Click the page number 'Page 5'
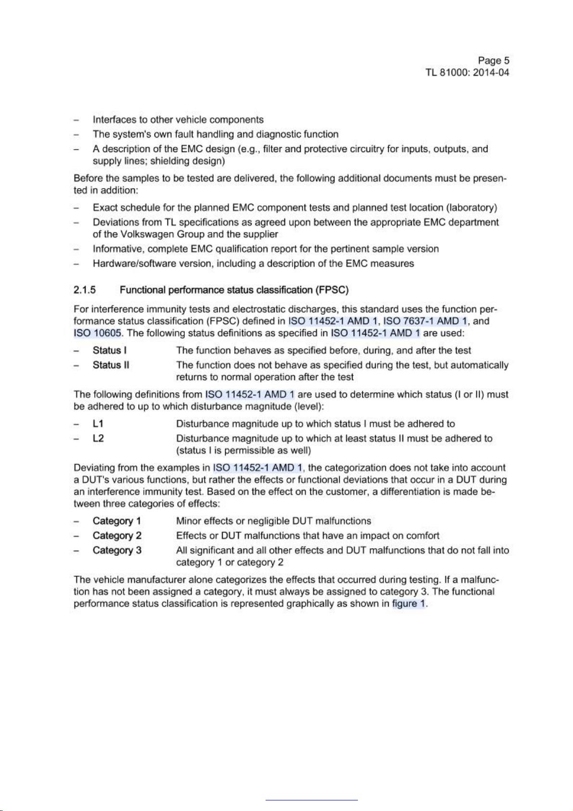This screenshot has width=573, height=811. point(493,61)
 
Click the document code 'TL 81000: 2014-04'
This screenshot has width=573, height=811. point(467,73)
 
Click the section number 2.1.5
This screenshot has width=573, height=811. point(85,290)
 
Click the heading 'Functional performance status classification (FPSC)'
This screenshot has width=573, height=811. point(234,290)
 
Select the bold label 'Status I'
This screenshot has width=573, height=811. point(109,350)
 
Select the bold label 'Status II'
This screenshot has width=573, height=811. point(111,365)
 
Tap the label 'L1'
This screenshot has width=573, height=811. point(98,424)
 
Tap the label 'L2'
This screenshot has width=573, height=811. point(98,438)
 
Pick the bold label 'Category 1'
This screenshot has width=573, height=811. point(117,521)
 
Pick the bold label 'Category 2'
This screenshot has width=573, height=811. point(117,536)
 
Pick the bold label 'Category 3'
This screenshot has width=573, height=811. point(117,550)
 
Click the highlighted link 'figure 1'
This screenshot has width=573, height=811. point(409,604)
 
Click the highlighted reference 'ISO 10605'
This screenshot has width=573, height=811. point(97,333)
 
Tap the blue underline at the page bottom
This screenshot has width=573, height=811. point(311,800)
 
